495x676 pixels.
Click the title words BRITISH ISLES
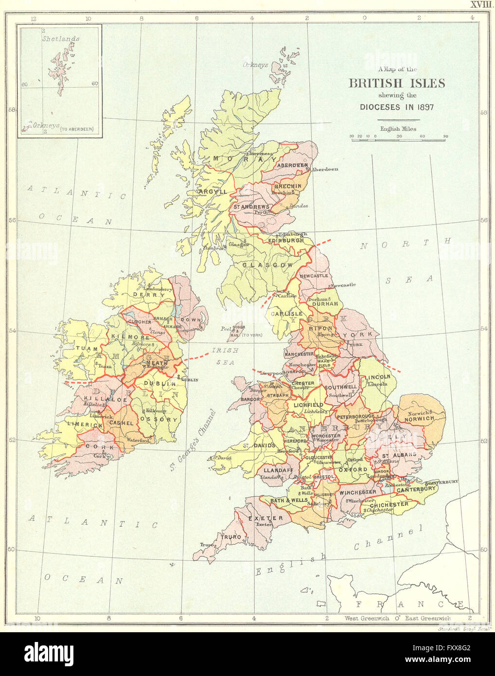click(396, 83)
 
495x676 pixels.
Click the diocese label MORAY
click(245, 159)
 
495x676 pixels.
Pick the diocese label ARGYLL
click(213, 192)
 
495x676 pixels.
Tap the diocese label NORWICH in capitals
click(419, 418)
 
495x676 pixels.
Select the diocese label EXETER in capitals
click(265, 518)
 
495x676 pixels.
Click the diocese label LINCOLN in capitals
click(377, 377)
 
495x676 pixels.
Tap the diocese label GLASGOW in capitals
click(267, 265)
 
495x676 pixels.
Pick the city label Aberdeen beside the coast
click(325, 169)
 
